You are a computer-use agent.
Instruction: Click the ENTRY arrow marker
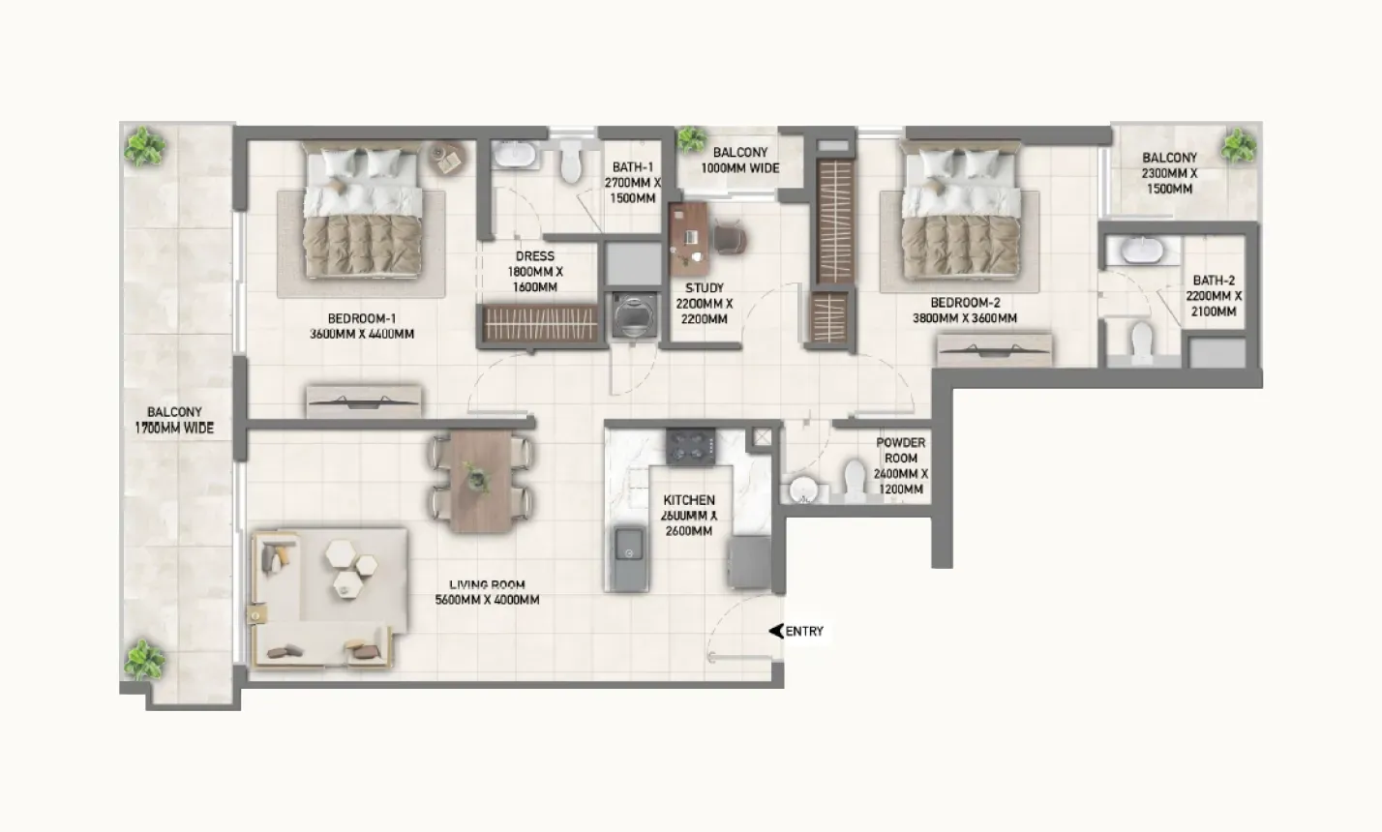(x=776, y=631)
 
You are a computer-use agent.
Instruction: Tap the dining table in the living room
(x=481, y=481)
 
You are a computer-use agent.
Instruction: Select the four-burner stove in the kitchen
(x=691, y=446)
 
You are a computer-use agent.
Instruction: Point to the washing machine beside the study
(x=633, y=314)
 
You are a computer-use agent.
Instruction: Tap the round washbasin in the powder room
(x=803, y=490)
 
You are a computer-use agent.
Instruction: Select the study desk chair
(x=731, y=237)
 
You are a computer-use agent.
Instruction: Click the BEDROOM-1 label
(x=362, y=319)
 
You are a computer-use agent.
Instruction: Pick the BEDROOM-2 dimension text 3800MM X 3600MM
(x=964, y=318)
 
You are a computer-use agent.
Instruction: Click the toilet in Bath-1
(x=571, y=162)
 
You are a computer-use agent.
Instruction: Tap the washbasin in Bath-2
(x=1134, y=251)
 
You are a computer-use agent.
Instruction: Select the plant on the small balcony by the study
(x=692, y=139)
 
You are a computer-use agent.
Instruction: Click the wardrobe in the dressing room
(x=540, y=322)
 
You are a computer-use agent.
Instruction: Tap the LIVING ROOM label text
(x=487, y=584)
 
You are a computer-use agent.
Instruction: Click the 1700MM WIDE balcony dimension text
(x=174, y=428)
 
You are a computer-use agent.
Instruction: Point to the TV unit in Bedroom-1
(x=364, y=401)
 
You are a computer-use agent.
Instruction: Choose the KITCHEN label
(x=688, y=500)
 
